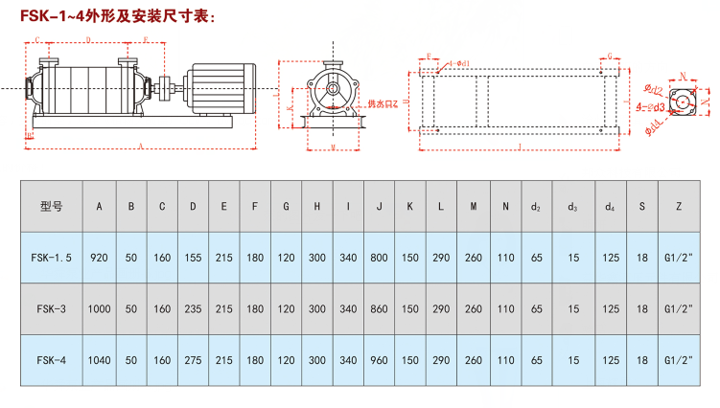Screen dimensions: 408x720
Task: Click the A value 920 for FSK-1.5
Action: click(x=99, y=257)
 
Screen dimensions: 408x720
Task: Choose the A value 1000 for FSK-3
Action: click(x=99, y=308)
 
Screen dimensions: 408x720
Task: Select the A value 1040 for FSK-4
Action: click(x=99, y=360)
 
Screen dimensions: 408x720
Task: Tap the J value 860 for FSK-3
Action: click(x=380, y=308)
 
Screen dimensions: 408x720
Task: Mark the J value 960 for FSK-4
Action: click(x=380, y=360)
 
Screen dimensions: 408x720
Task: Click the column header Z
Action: click(x=678, y=205)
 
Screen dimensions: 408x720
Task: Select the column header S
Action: click(x=641, y=205)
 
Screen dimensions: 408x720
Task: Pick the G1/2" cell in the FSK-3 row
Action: click(x=678, y=308)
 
